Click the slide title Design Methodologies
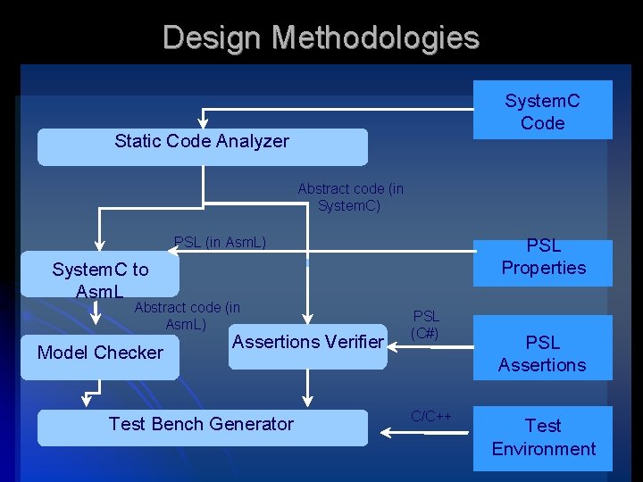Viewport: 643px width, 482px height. click(321, 37)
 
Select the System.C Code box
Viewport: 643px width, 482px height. click(542, 111)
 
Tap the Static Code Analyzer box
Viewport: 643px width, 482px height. click(202, 146)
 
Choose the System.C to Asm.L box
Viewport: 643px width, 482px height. click(100, 280)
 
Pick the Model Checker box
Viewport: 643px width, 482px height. click(100, 353)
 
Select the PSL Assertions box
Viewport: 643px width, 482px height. click(542, 353)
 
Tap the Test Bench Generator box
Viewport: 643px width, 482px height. click(202, 426)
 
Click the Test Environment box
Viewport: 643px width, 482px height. click(542, 437)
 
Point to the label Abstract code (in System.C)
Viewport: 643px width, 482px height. click(350, 197)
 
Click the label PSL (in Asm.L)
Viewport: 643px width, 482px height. click(220, 242)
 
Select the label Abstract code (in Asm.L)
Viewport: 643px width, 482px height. click(187, 316)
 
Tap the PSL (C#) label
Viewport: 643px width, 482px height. click(426, 324)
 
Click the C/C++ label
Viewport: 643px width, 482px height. click(431, 416)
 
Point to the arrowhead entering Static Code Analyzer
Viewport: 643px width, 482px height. click(204, 123)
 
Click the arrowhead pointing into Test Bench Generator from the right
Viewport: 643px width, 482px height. click(386, 433)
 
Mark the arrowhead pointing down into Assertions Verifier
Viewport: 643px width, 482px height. click(307, 320)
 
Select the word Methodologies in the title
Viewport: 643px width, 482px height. click(376, 37)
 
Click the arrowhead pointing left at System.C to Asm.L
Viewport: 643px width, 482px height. click(173, 253)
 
